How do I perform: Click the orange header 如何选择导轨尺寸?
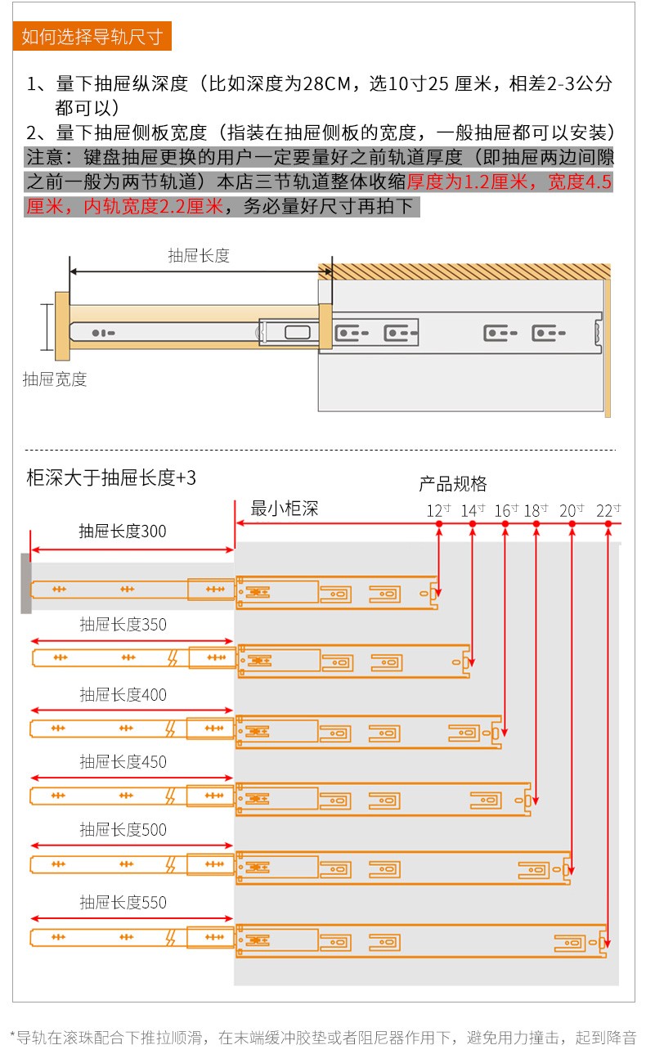click(92, 36)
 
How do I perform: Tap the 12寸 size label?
click(438, 510)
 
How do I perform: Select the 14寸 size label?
click(473, 510)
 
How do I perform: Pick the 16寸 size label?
click(506, 510)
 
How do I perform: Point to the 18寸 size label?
click(536, 510)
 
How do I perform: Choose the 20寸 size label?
click(572, 510)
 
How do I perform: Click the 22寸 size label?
click(608, 510)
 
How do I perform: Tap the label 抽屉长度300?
click(123, 531)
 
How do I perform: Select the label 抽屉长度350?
click(123, 625)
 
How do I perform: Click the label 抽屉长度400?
click(123, 695)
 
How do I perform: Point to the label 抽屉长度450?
click(123, 762)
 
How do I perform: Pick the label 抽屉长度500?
click(123, 830)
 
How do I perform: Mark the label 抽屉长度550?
click(123, 902)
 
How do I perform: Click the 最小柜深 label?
click(285, 509)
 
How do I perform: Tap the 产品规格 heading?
click(453, 484)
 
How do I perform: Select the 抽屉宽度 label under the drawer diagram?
click(55, 379)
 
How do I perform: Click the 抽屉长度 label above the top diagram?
click(199, 255)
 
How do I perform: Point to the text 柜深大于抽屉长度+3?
click(111, 478)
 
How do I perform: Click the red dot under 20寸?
click(572, 524)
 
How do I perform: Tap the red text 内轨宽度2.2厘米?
click(154, 206)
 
